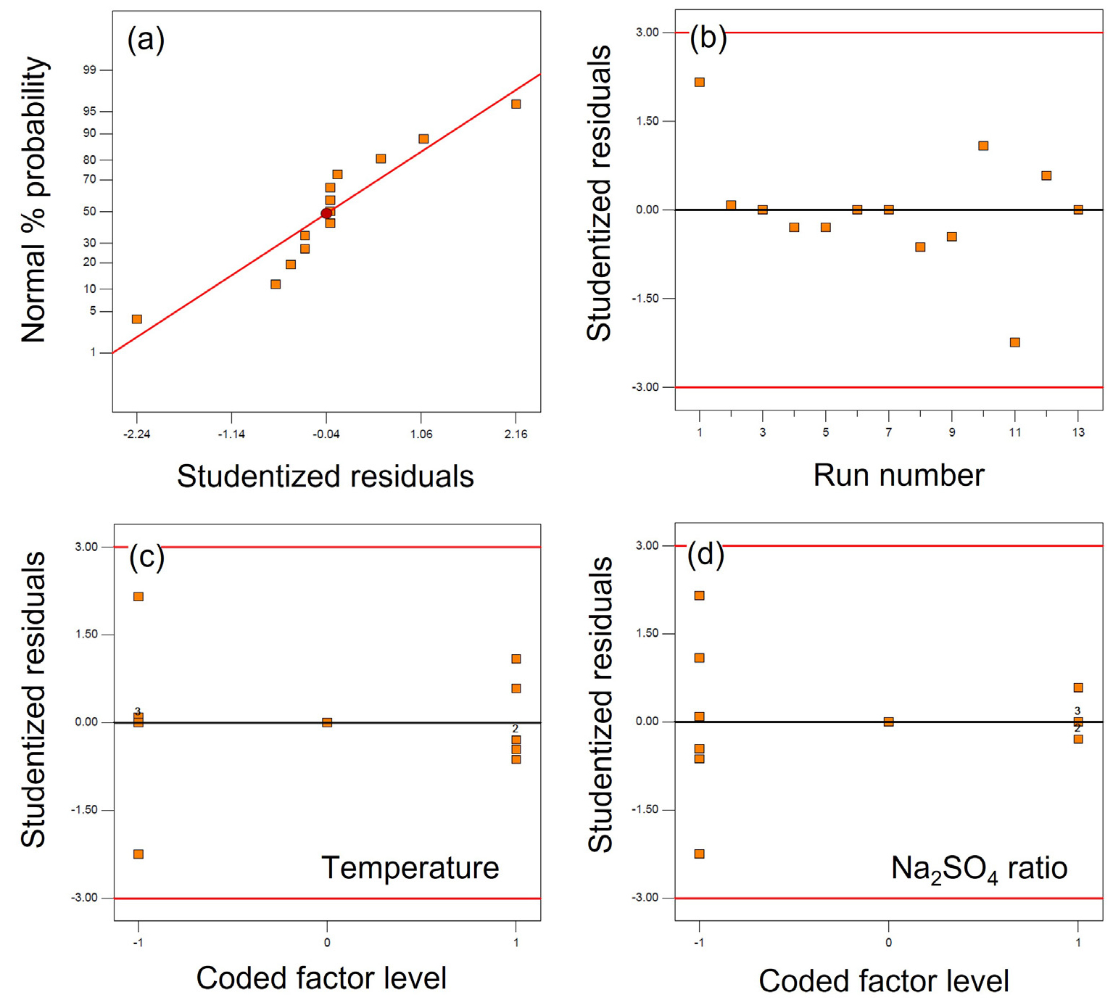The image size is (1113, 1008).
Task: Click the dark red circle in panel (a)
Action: click(326, 213)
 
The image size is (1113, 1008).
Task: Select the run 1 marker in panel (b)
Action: click(700, 82)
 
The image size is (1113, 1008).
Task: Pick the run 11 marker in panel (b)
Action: click(1015, 342)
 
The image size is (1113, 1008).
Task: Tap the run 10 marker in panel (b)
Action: click(983, 146)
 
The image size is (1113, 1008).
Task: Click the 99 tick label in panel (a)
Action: click(89, 70)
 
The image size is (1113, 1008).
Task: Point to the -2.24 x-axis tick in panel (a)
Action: click(136, 434)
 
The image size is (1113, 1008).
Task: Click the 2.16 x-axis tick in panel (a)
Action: click(516, 434)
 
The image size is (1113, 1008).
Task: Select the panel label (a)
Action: click(146, 39)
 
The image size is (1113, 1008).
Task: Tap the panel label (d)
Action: click(706, 555)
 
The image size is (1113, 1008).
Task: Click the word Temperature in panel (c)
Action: click(410, 868)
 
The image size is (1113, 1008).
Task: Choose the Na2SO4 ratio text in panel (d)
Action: click(979, 869)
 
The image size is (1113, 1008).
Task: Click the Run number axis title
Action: click(898, 476)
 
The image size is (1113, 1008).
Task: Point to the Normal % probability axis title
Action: click(34, 199)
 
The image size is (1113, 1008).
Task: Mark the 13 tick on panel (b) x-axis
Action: click(1078, 433)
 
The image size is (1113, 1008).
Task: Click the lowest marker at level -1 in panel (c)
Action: click(138, 854)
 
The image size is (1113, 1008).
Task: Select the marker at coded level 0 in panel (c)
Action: click(327, 722)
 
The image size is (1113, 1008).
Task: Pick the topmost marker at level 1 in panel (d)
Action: click(1078, 687)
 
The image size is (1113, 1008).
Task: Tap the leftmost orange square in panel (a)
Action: click(137, 319)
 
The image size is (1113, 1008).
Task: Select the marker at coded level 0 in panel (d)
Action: click(888, 722)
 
